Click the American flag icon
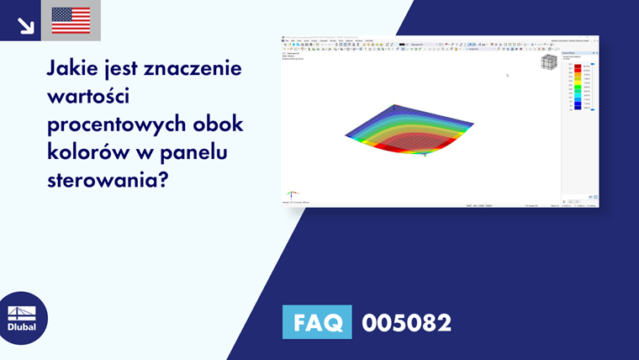coord(71,19)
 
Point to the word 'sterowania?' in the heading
coord(108,180)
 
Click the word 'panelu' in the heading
coord(206,151)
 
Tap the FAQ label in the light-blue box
coord(317,322)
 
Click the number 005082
coord(406,322)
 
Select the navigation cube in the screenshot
coord(548,63)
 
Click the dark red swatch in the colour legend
coord(578,66)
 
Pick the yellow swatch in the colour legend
coord(578,81)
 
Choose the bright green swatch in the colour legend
coord(578,88)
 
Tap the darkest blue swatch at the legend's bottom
coord(578,108)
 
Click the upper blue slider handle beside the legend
coord(593,64)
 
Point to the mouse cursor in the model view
coord(507,75)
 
